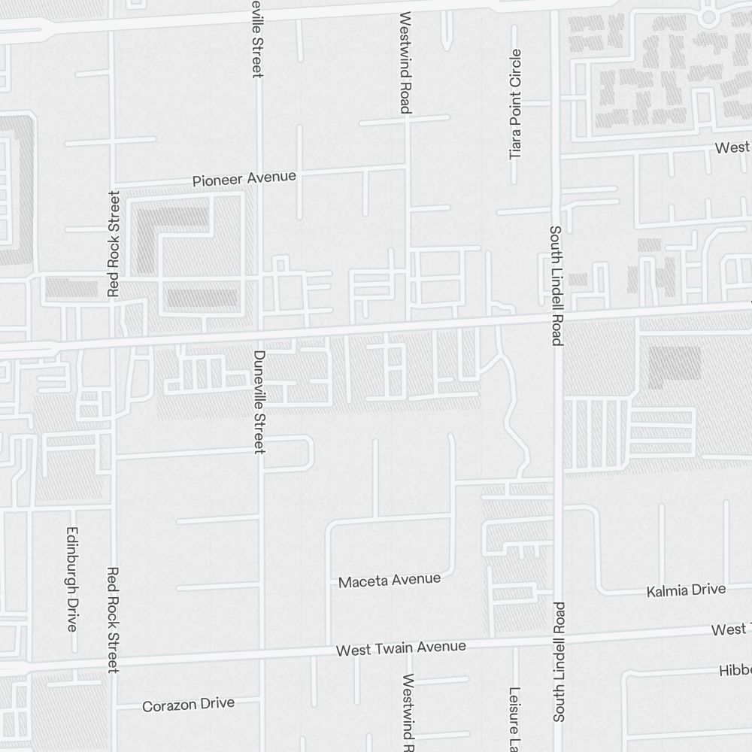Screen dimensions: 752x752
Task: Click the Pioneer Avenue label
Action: point(244,179)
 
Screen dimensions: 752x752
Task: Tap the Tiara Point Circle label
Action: point(515,104)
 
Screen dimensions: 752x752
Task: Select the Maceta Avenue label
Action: point(389,581)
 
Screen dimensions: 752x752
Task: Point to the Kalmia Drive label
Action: point(686,590)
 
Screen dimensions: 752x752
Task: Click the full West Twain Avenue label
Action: point(401,647)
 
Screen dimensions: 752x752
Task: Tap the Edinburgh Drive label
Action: point(72,578)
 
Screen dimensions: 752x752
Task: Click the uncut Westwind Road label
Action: point(405,62)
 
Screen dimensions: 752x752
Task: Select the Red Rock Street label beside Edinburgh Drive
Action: point(114,620)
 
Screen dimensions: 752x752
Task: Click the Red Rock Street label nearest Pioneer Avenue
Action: point(114,244)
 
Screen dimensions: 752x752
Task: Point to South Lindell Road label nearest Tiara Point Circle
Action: point(556,286)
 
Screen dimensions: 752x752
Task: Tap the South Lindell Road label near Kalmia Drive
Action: point(559,662)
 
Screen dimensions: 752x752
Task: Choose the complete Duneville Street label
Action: point(259,402)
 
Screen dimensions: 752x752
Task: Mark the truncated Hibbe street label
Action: point(735,671)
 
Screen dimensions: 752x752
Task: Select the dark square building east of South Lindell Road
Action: point(675,367)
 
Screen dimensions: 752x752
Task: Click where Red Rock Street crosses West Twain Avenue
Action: point(114,663)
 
